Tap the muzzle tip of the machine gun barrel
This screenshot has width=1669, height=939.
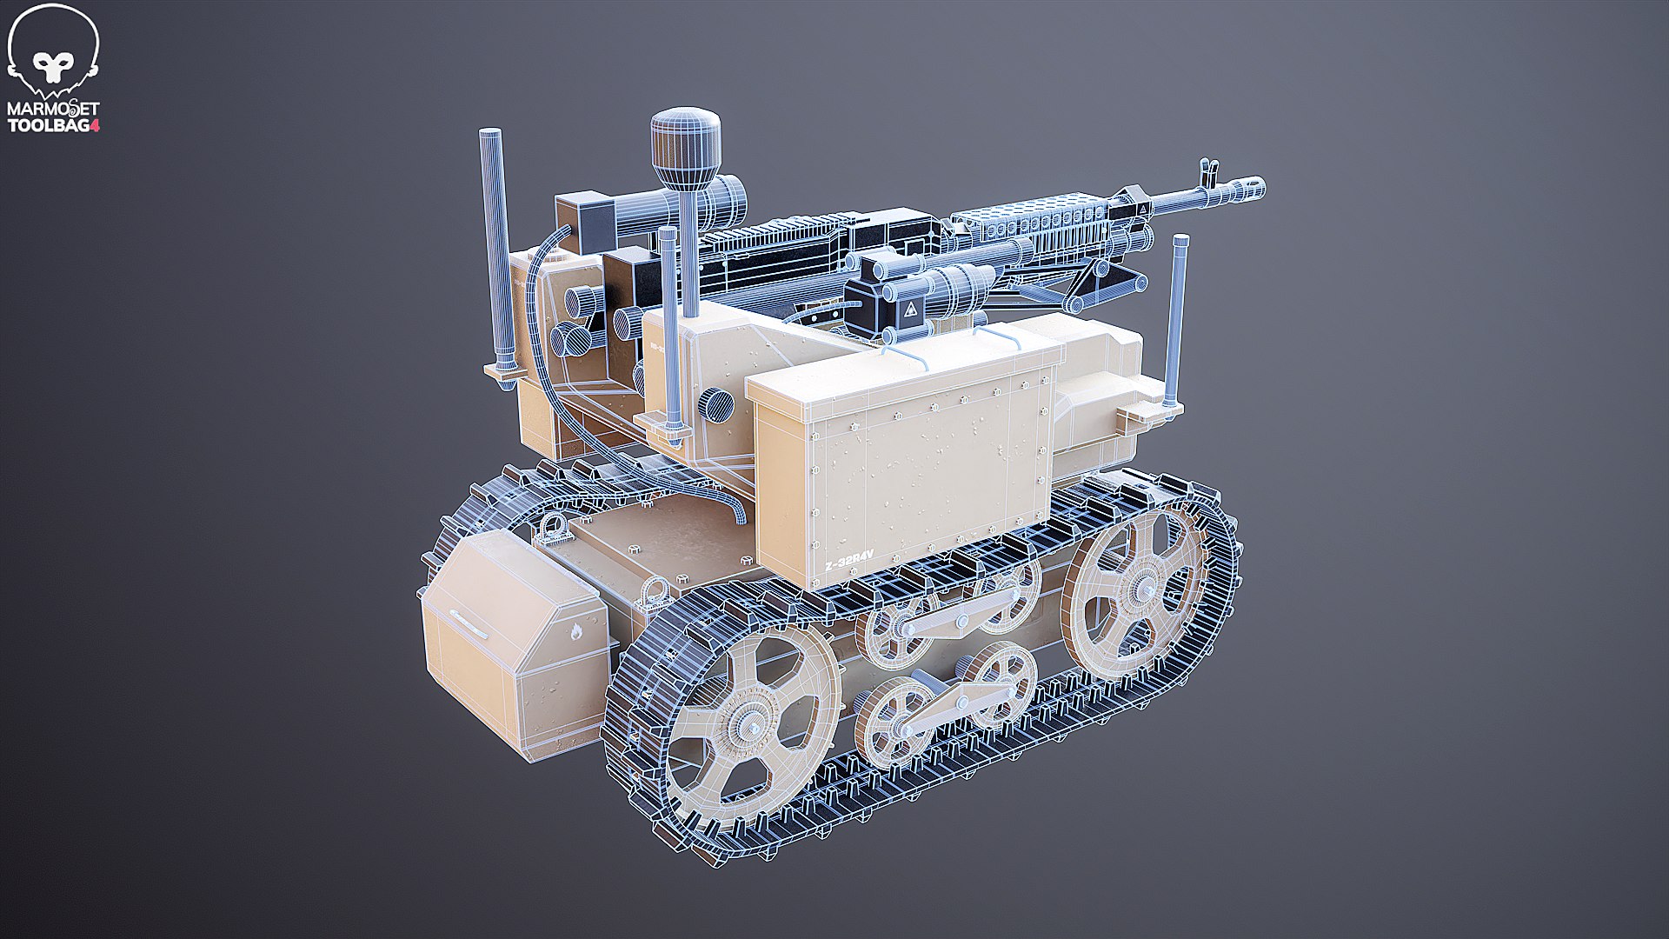(1257, 186)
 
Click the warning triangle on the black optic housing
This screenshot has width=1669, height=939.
(909, 309)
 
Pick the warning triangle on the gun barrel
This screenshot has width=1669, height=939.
(1141, 210)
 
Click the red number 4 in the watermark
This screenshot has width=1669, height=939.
(96, 125)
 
